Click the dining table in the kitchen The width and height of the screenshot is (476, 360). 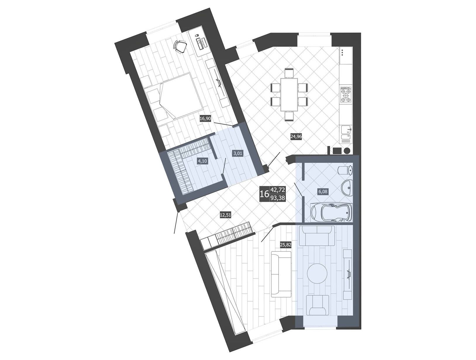click(289, 94)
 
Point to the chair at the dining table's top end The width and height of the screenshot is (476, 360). click(289, 73)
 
